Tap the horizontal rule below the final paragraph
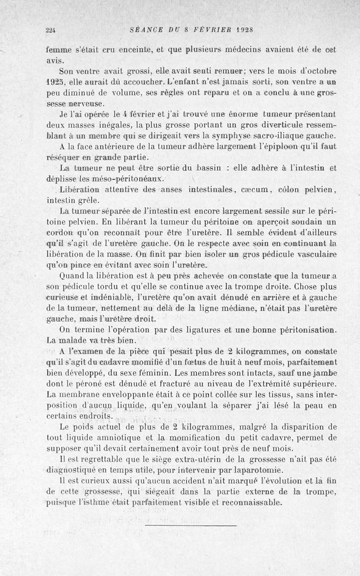pos(191,525)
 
